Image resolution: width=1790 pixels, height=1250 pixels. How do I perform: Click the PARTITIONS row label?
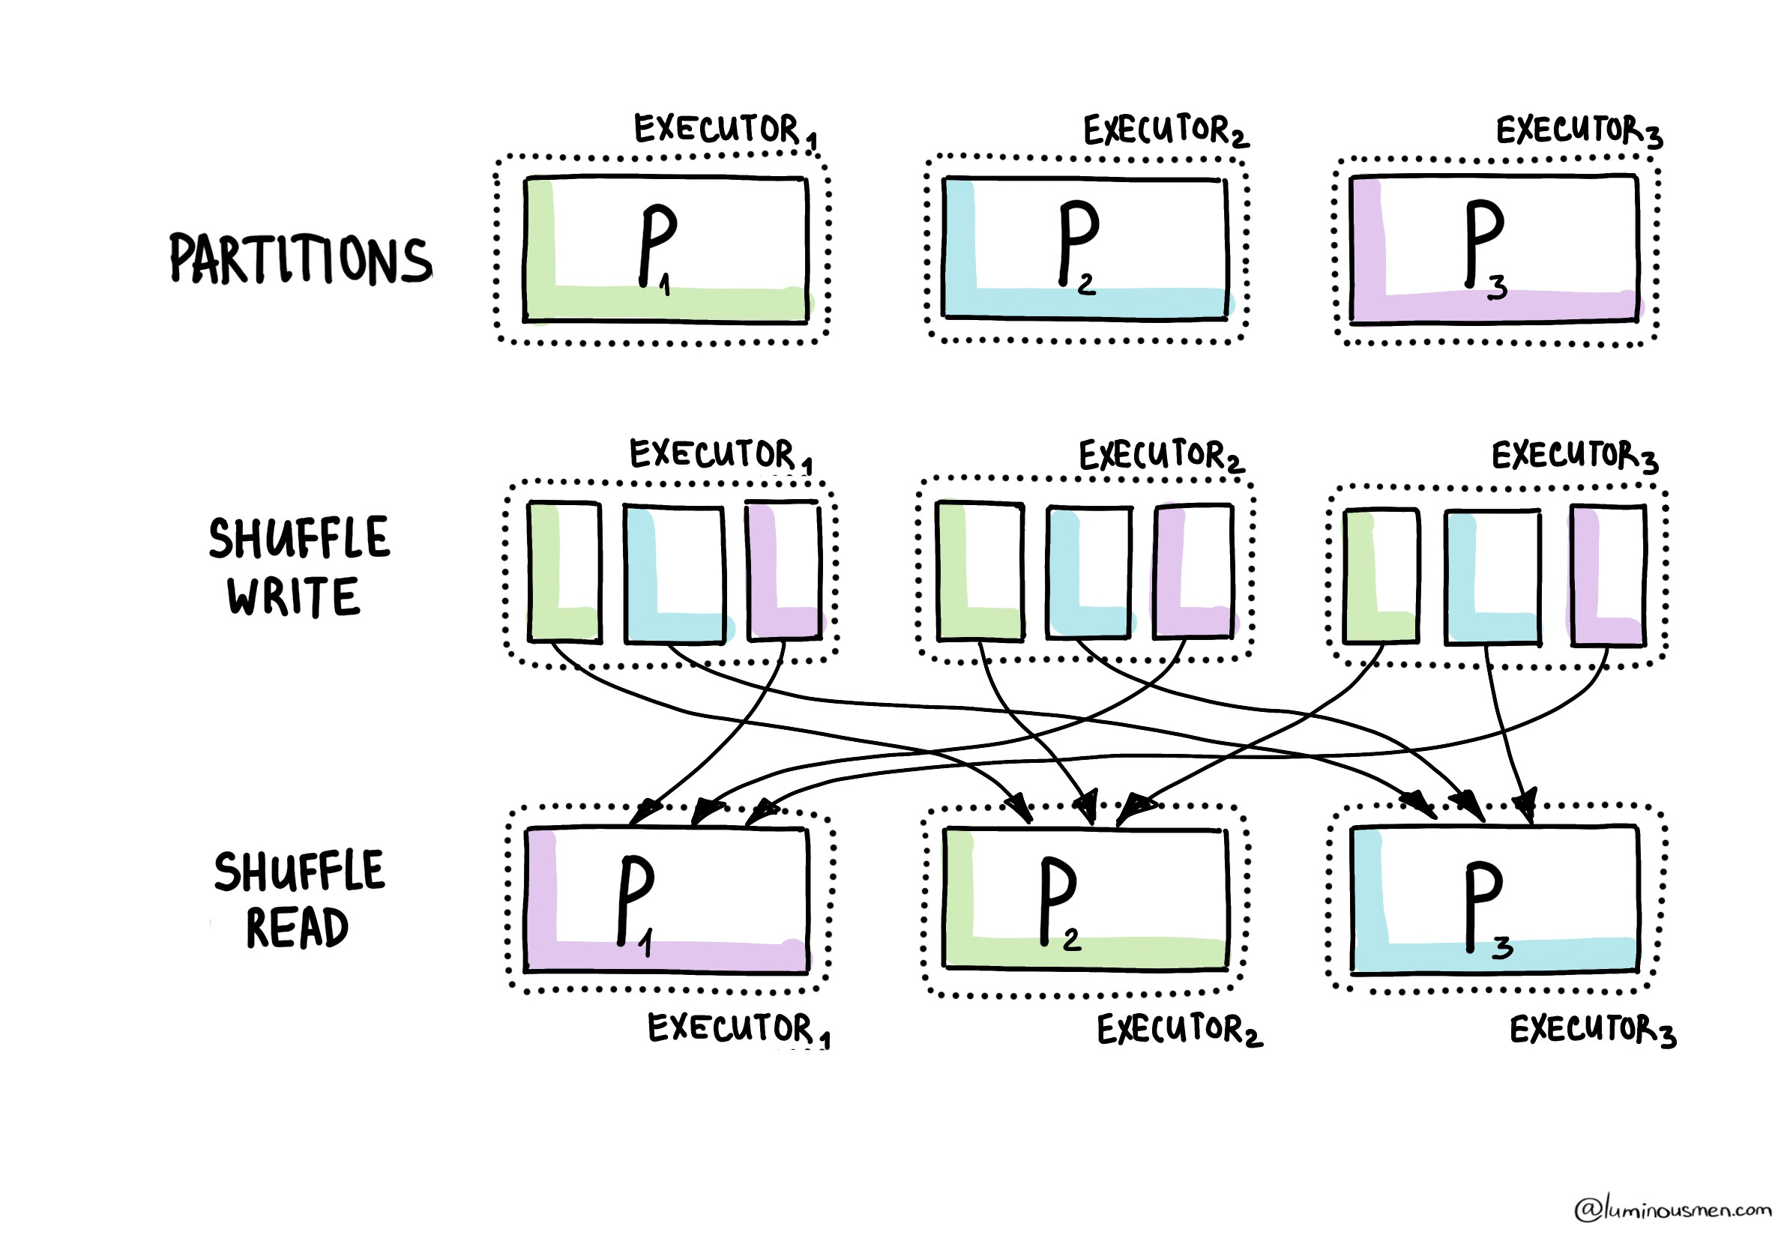tap(300, 259)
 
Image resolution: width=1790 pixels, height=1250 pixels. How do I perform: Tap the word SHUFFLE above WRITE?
tap(299, 538)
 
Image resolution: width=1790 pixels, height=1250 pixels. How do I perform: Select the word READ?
tap(297, 929)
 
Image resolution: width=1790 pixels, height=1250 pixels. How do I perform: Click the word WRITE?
tap(294, 597)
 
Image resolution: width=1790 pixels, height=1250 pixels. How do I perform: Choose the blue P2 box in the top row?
tap(1085, 248)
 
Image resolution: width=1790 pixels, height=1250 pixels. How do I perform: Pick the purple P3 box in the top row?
tap(1493, 248)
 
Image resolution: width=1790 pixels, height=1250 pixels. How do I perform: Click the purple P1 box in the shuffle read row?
tap(666, 900)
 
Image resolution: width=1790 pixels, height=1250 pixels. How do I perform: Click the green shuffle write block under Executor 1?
tap(564, 572)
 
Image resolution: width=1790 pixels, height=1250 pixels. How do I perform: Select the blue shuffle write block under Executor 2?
tap(1088, 572)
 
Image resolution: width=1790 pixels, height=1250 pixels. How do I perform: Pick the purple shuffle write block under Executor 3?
tap(1608, 575)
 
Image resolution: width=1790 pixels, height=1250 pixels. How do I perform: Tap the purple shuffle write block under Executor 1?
tap(783, 572)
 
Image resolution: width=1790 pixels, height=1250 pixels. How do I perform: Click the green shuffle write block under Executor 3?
tap(1381, 575)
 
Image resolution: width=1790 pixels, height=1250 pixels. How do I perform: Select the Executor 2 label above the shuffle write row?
tap(1161, 456)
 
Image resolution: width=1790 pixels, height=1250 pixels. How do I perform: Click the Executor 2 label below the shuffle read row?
tap(1179, 1030)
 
